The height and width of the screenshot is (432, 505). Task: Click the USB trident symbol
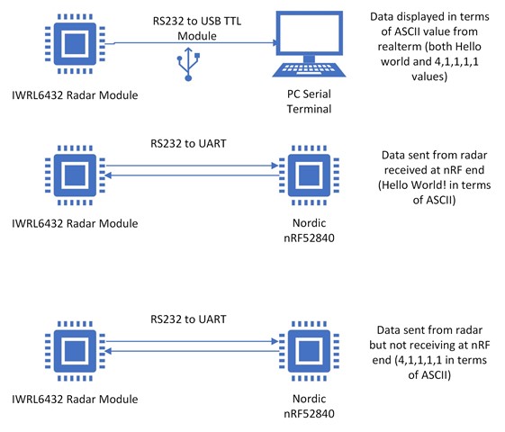coord(188,65)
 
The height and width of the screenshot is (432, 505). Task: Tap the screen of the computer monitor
coord(309,32)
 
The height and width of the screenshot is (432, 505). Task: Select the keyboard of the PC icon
coord(309,69)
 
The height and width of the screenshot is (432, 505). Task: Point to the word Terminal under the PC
coord(309,109)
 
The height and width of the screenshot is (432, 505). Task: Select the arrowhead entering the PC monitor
coord(276,43)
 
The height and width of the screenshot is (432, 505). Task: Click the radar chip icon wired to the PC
coord(75,44)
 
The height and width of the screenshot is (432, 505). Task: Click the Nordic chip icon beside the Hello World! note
coord(309,175)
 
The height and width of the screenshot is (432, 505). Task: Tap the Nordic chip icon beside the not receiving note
coord(309,351)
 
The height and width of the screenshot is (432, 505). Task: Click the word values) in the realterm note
coord(429,76)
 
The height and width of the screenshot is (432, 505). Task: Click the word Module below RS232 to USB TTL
coord(197,36)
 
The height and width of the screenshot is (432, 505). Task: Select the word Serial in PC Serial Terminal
coord(317,94)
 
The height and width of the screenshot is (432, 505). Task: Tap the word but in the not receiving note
coord(377,345)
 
